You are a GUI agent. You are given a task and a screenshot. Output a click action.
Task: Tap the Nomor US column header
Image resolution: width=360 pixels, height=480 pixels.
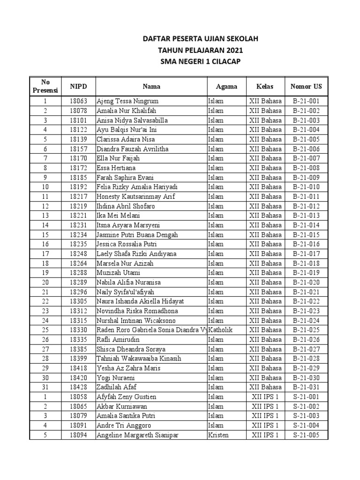(x=306, y=86)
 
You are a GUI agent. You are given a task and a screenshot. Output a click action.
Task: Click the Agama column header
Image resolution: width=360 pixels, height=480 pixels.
(x=226, y=86)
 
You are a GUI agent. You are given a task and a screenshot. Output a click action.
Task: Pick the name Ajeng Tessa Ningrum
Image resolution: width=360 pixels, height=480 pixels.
(x=127, y=101)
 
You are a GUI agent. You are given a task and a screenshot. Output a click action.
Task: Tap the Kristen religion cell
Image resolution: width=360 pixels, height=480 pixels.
(x=218, y=435)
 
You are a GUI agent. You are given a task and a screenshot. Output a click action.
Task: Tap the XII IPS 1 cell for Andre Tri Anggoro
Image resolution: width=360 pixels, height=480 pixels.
(x=265, y=426)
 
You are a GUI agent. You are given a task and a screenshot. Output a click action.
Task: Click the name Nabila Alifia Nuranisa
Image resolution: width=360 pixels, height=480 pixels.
(x=129, y=283)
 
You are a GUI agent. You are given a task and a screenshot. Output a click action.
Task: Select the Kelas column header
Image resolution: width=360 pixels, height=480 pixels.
(x=265, y=86)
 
